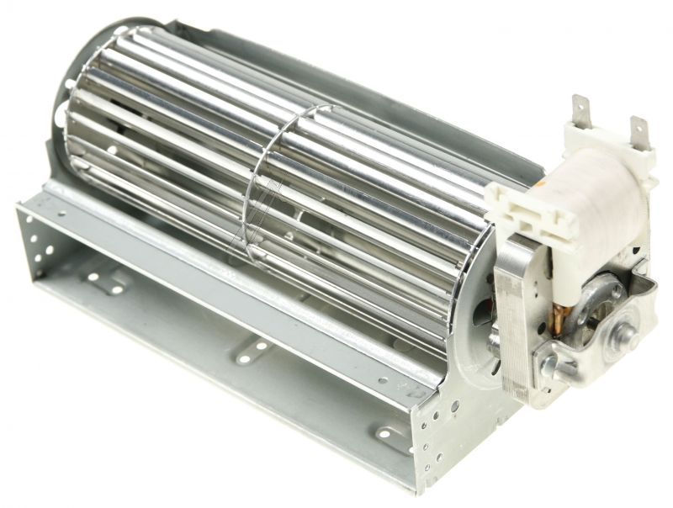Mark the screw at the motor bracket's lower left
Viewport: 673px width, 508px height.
pos(552,364)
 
